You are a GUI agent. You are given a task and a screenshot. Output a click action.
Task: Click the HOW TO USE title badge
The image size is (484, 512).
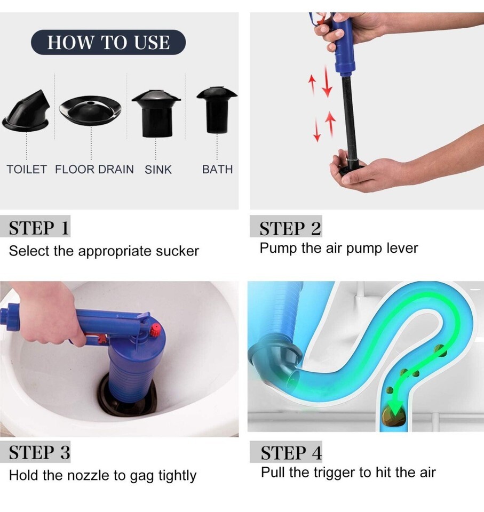coord(108,42)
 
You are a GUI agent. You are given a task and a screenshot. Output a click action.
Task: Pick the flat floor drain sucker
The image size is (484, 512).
coord(90,110)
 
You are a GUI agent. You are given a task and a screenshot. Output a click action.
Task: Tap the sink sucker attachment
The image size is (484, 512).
coord(156,113)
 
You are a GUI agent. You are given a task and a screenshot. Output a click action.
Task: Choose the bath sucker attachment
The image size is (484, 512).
coord(217,110)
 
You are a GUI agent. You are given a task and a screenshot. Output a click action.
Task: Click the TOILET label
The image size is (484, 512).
coord(27,170)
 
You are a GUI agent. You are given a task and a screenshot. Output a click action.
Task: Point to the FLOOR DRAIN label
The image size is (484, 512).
coord(94,170)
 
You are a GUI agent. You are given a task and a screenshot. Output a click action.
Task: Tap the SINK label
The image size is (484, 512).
coord(158,170)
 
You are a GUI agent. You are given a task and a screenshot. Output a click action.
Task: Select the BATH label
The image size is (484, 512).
coord(217,170)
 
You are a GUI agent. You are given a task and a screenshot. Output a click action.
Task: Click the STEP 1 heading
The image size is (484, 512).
coord(39,228)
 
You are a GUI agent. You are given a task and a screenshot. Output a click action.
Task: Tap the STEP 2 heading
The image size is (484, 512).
coord(290,228)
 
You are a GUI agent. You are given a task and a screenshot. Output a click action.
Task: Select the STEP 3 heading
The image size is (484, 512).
coord(39,453)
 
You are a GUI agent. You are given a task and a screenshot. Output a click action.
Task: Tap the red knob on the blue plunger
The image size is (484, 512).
coord(156,330)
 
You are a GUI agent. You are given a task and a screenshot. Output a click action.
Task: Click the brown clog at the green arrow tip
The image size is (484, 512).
coord(393,416)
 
